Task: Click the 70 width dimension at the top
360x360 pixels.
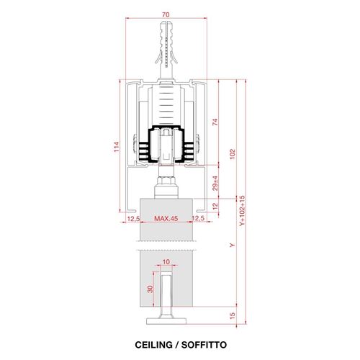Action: tap(166, 14)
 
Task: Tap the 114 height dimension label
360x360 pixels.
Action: tap(117, 147)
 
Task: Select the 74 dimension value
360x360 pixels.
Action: tap(215, 122)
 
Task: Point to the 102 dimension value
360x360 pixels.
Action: tap(233, 154)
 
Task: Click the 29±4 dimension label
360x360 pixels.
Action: tap(215, 183)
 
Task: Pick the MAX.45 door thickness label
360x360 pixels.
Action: tap(166, 218)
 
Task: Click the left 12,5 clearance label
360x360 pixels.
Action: tap(133, 218)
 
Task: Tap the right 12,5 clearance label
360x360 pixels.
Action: tap(199, 218)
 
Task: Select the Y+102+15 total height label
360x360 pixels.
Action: tap(242, 210)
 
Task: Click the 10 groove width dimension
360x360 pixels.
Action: tap(166, 261)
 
